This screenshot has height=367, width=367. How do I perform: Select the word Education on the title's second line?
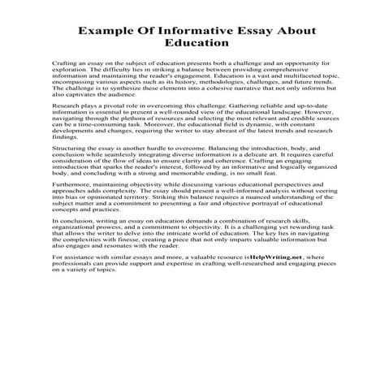tap(183, 44)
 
